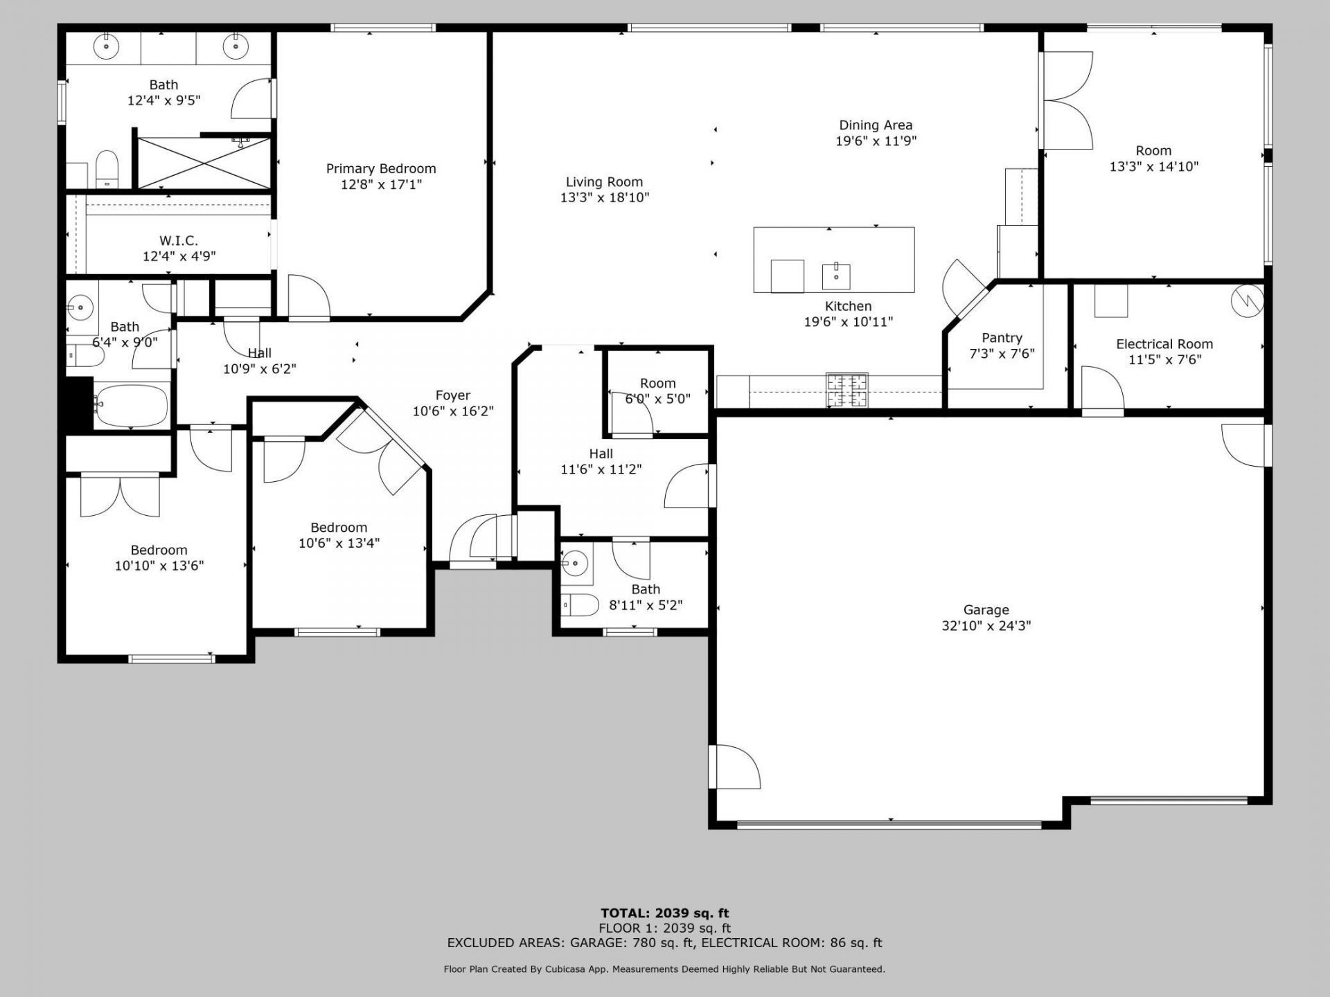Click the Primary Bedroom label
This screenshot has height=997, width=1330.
(381, 168)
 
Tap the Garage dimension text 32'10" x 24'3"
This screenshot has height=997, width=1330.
(986, 626)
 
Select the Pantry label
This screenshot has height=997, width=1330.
(1002, 338)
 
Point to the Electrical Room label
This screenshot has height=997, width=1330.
(1164, 344)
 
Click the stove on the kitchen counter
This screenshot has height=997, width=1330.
(846, 390)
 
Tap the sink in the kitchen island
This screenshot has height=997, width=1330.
(836, 276)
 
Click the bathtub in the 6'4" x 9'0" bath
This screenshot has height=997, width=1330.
(132, 406)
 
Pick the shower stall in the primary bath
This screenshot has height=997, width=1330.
(204, 163)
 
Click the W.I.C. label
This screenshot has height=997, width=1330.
(179, 240)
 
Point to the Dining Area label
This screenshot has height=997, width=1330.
(876, 125)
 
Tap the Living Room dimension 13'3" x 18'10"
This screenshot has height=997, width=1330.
(605, 198)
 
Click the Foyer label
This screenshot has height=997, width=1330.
(453, 395)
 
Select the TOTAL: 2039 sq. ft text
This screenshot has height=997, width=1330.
(665, 913)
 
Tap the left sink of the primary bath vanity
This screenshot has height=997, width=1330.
(107, 47)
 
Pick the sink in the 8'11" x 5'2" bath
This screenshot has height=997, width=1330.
(574, 564)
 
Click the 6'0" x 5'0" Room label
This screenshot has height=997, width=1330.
(658, 384)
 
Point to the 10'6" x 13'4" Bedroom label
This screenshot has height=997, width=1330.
(339, 528)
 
